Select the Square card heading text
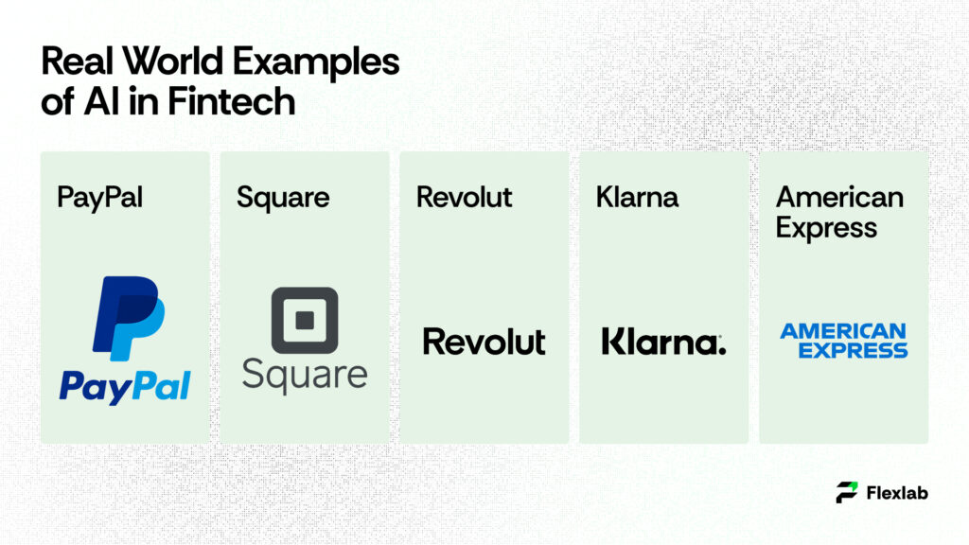pyautogui.click(x=283, y=198)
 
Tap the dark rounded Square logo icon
pyautogui.click(x=304, y=320)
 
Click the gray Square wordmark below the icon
pyautogui.click(x=304, y=373)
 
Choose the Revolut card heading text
pyautogui.click(x=464, y=197)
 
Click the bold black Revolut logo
pyautogui.click(x=484, y=341)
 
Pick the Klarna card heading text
pyautogui.click(x=637, y=197)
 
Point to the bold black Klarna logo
pyautogui.click(x=661, y=341)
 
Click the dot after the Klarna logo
pyautogui.click(x=722, y=350)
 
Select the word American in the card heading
pyautogui.click(x=839, y=197)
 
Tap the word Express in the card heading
pyautogui.click(x=826, y=228)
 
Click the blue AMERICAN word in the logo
pyautogui.click(x=843, y=331)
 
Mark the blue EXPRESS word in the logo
pyautogui.click(x=853, y=350)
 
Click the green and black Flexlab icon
pyautogui.click(x=847, y=492)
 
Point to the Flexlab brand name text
pyautogui.click(x=896, y=492)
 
